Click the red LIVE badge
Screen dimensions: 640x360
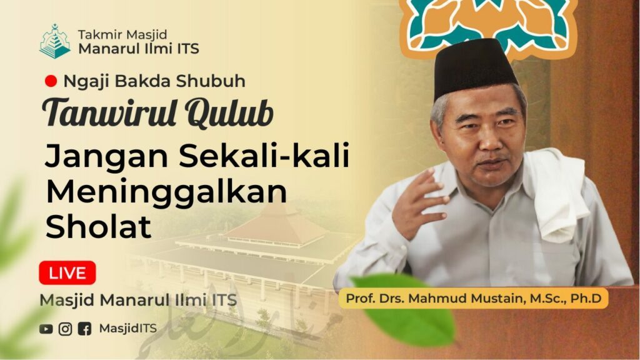[67, 272]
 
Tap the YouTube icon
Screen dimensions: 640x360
[46, 329]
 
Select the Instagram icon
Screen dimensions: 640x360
[65, 329]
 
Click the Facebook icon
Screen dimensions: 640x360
[84, 329]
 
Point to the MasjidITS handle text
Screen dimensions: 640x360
[127, 329]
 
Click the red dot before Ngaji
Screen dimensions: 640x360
[51, 81]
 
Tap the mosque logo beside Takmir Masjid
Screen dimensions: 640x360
[55, 41]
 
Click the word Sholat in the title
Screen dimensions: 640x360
[98, 226]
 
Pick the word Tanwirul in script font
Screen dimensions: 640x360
[109, 113]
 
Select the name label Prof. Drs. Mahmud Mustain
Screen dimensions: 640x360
[474, 298]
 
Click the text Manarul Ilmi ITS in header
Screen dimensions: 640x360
[139, 49]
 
